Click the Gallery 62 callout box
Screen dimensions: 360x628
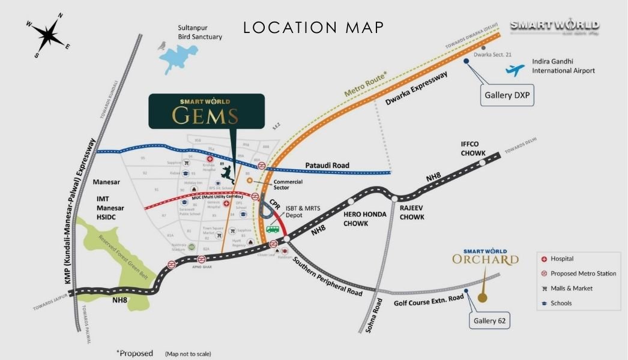click(x=490, y=321)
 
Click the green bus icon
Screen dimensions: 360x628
click(x=273, y=229)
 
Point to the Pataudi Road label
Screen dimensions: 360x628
click(x=327, y=165)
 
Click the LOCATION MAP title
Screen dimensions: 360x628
click(x=313, y=28)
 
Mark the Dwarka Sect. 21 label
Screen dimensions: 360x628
click(x=492, y=55)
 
